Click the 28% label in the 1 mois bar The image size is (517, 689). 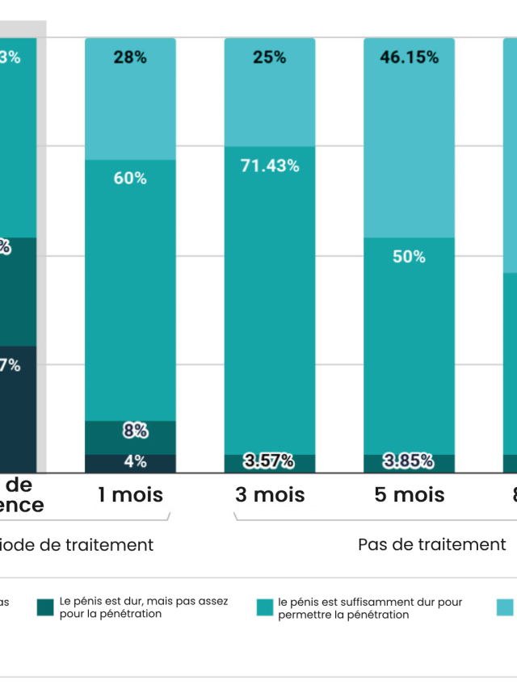[130, 57]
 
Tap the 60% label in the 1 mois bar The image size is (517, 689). [130, 178]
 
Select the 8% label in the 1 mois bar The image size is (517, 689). [135, 431]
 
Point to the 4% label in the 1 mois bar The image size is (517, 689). [135, 462]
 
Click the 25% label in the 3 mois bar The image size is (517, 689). [269, 57]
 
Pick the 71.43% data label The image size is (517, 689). [270, 166]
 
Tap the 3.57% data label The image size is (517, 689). [270, 462]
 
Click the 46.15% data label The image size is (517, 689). [409, 57]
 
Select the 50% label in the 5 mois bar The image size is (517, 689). [409, 257]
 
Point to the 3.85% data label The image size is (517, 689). [409, 462]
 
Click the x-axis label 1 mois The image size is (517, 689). [130, 494]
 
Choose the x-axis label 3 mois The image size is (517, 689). [270, 494]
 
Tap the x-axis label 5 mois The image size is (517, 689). [409, 494]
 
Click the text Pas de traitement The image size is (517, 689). [431, 544]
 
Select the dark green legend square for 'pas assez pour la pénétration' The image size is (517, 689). [45, 608]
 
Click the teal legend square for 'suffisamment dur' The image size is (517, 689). [264, 608]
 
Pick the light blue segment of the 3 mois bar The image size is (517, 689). [270, 105]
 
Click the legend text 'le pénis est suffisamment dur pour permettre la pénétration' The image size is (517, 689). [370, 608]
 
